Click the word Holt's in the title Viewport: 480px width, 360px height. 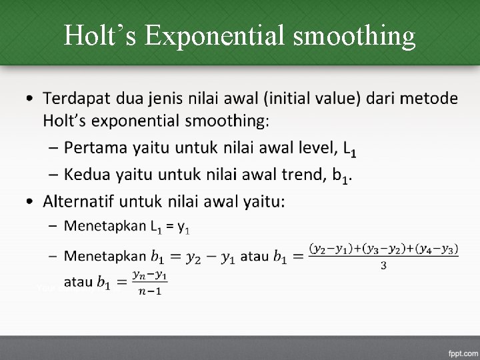point(99,36)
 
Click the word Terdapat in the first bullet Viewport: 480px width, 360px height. point(77,99)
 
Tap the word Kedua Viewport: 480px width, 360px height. point(89,175)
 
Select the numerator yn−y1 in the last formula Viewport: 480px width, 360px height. point(150,275)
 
